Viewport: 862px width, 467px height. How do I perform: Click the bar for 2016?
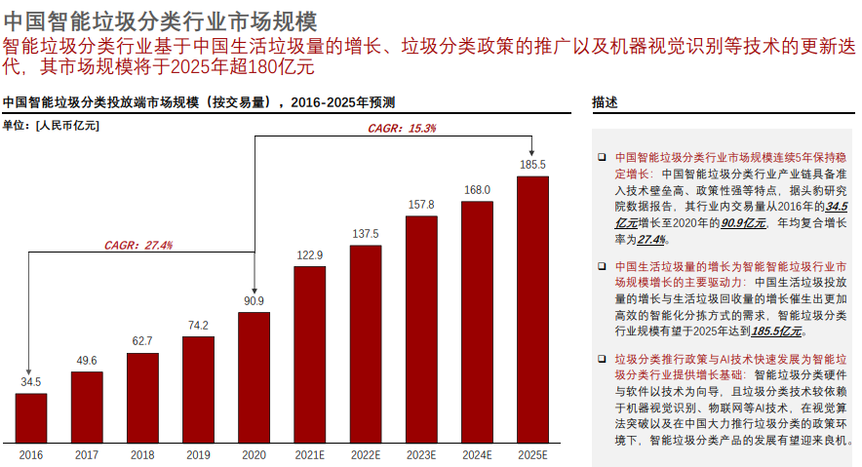(x=31, y=416)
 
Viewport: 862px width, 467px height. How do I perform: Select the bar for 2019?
(x=198, y=388)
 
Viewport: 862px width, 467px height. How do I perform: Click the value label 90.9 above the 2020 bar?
(x=254, y=300)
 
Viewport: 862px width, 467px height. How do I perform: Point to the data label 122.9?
(x=309, y=254)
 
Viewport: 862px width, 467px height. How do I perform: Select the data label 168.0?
(x=476, y=190)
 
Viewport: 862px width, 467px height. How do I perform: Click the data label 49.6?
(x=87, y=361)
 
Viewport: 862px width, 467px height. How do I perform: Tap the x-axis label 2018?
(x=142, y=454)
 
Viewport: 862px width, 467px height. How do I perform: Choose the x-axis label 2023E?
(x=420, y=454)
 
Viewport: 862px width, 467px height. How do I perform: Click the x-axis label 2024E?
(x=476, y=454)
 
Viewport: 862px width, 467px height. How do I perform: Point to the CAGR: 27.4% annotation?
(x=138, y=245)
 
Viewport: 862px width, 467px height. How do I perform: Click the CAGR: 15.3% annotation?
(x=402, y=129)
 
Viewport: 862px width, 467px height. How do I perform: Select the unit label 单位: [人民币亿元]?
(x=51, y=124)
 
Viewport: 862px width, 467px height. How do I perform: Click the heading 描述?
(x=606, y=102)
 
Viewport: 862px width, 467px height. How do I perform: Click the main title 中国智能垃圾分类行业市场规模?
(x=160, y=20)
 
